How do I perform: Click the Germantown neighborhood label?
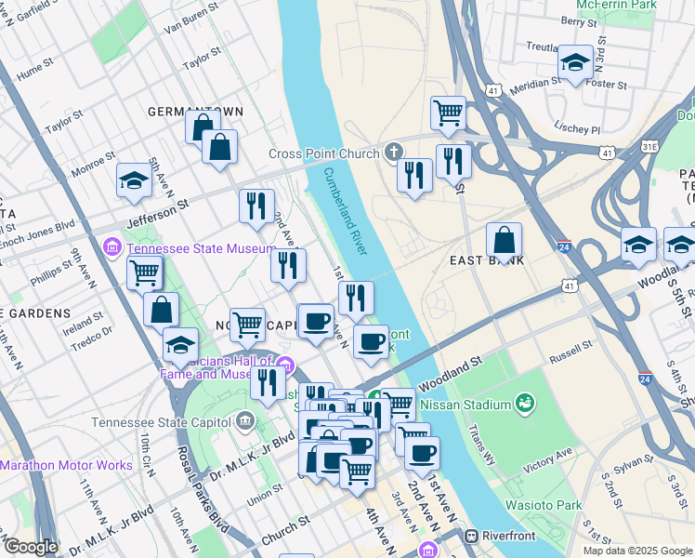(195, 112)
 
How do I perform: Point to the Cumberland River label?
(346, 212)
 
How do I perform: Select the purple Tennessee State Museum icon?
(112, 247)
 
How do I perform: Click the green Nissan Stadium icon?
(526, 404)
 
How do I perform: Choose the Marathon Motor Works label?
(66, 464)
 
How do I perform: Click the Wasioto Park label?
(544, 505)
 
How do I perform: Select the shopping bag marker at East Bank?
(504, 241)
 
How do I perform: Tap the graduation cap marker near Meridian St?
(575, 62)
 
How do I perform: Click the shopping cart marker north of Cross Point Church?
(448, 113)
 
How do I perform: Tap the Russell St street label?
(570, 350)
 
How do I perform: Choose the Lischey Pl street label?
(576, 128)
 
